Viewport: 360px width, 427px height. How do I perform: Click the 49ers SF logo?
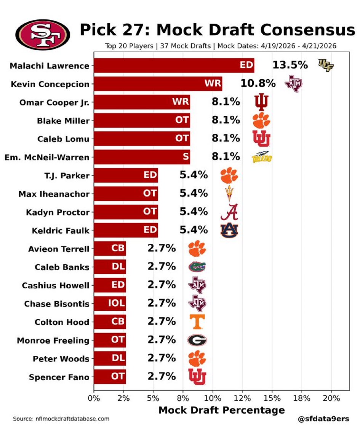[x=43, y=35]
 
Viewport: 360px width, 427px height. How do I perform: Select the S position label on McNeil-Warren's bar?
[x=185, y=157]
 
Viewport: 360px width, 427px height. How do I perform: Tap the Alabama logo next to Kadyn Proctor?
[x=229, y=212]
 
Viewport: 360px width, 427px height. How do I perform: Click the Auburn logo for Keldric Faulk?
[x=229, y=230]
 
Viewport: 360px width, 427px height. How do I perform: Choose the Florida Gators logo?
[x=197, y=267]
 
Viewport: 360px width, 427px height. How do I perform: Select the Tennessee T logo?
[x=197, y=322]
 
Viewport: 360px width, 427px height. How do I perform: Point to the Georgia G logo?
[x=197, y=340]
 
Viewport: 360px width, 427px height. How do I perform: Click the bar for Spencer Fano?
[x=110, y=377]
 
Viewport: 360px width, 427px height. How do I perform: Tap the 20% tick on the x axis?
[x=331, y=398]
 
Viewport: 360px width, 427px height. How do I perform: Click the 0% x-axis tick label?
[x=94, y=398]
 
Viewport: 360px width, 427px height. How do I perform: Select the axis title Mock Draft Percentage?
[x=221, y=410]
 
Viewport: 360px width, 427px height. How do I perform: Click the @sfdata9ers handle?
[x=323, y=418]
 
